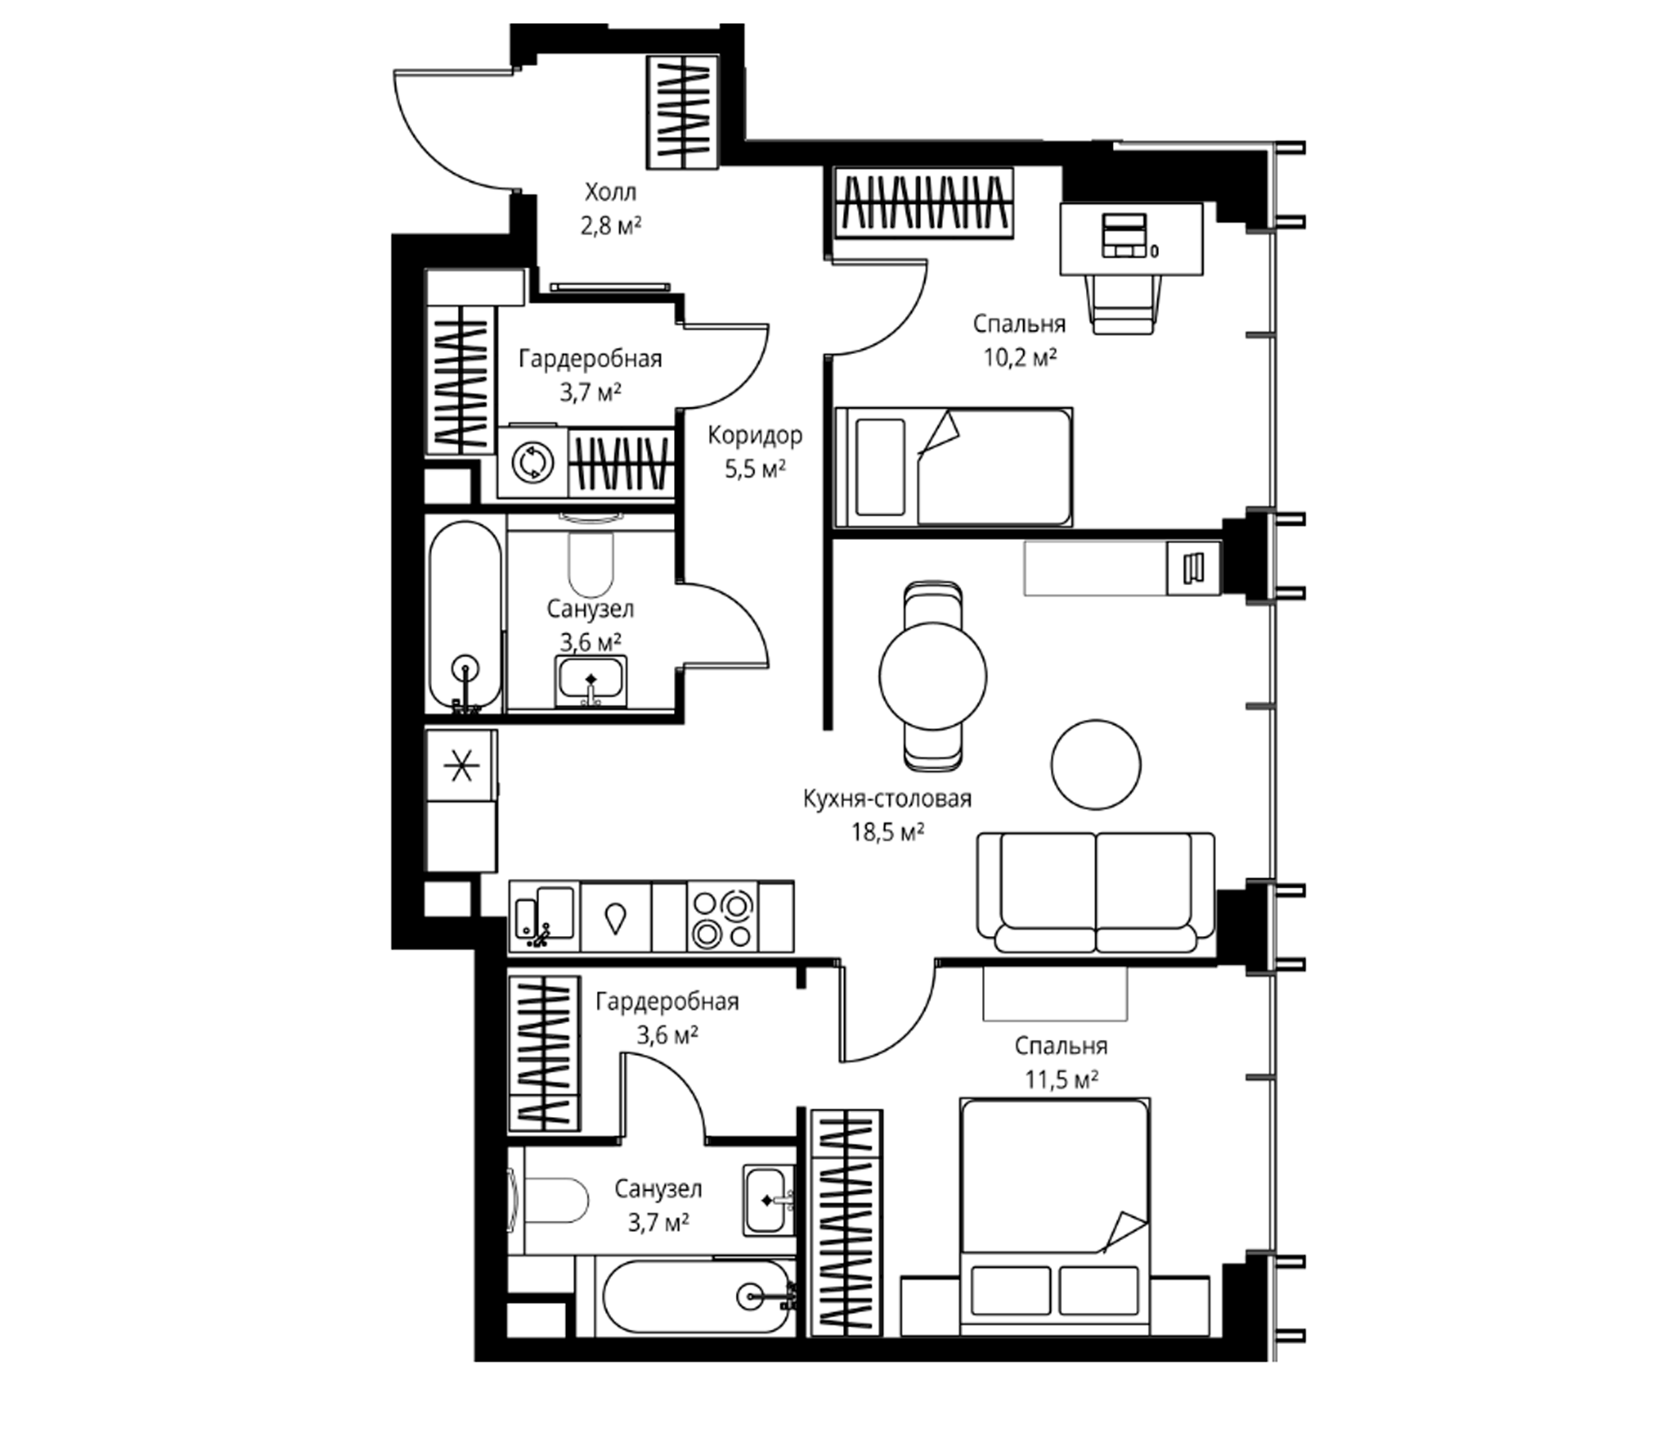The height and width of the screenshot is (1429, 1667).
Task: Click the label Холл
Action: coord(610,192)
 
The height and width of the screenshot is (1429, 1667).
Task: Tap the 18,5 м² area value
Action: coord(887,832)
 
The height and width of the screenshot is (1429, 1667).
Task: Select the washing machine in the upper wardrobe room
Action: coord(533,464)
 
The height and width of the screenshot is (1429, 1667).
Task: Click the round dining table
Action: coord(934,676)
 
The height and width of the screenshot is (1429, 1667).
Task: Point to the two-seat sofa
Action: coord(1095,893)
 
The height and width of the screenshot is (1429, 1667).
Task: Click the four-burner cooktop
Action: coord(722,918)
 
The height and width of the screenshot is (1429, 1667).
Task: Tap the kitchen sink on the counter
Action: coord(545,917)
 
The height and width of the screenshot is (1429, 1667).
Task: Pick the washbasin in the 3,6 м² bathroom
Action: coord(591,682)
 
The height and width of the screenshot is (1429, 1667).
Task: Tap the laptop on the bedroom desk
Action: coord(1124,235)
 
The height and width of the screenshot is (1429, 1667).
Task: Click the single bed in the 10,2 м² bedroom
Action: coord(954,468)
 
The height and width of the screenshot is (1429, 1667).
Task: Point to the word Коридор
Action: coord(755,436)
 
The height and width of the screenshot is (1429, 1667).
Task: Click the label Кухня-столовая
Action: coord(887,798)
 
